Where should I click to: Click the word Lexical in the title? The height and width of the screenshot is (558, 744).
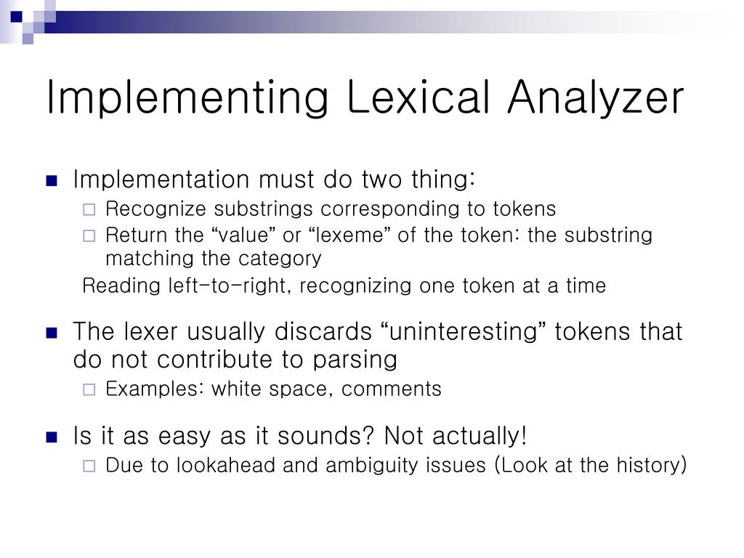click(x=418, y=97)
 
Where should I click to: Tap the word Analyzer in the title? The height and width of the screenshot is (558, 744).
click(x=596, y=97)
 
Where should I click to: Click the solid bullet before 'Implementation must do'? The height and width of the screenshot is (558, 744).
click(x=51, y=181)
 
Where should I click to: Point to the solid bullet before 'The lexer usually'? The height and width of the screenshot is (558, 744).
click(x=51, y=333)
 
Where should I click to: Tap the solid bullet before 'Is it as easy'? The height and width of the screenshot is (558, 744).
click(x=51, y=437)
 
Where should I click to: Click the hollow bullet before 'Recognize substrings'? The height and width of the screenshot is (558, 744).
click(x=89, y=210)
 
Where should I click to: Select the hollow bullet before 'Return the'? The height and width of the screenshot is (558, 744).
click(x=89, y=236)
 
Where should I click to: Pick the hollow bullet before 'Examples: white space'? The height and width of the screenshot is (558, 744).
click(x=89, y=390)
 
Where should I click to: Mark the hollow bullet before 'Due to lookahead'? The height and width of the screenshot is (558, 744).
click(x=89, y=466)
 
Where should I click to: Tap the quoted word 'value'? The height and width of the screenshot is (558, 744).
click(x=238, y=235)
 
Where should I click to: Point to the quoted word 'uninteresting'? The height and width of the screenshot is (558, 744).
click(x=464, y=332)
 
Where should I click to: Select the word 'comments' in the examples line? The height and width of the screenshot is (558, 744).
click(x=392, y=389)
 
